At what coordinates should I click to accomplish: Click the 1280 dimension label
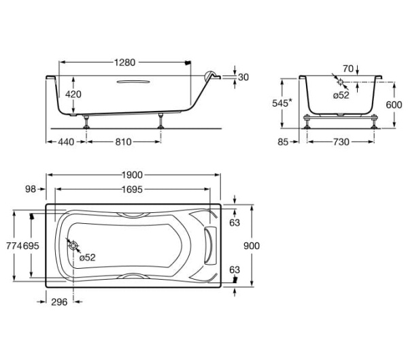pyautogui.click(x=125, y=63)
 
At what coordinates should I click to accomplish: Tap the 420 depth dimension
pyautogui.click(x=73, y=94)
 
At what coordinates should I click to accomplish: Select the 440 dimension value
pyautogui.click(x=66, y=142)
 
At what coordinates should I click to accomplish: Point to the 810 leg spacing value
pyautogui.click(x=123, y=142)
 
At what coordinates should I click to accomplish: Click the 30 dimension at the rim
pyautogui.click(x=243, y=77)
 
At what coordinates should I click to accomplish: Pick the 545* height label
pyautogui.click(x=282, y=103)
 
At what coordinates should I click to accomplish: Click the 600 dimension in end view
pyautogui.click(x=394, y=105)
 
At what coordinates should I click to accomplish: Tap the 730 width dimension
pyautogui.click(x=341, y=142)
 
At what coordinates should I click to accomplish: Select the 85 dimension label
pyautogui.click(x=283, y=142)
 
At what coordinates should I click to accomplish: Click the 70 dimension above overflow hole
pyautogui.click(x=348, y=69)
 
